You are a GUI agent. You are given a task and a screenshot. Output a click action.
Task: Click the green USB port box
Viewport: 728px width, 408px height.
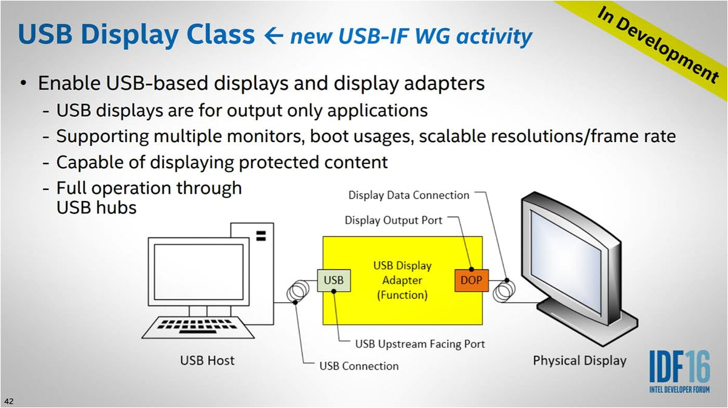pos(333,280)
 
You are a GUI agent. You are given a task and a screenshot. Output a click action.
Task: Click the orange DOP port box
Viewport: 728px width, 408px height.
pos(471,280)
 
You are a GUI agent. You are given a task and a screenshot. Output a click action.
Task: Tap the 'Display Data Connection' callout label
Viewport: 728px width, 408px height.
pos(408,195)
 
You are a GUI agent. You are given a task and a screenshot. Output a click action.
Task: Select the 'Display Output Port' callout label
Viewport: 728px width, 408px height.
pos(393,220)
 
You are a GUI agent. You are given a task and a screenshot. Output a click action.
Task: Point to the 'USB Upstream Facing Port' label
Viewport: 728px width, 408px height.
pos(420,344)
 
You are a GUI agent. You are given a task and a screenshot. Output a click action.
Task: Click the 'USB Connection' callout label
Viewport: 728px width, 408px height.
pos(359,365)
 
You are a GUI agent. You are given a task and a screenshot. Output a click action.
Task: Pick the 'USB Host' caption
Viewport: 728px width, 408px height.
pos(207,361)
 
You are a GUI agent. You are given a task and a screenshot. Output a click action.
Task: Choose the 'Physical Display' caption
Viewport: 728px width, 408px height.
pos(579,361)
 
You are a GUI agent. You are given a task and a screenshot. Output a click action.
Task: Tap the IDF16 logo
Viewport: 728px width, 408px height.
pos(679,370)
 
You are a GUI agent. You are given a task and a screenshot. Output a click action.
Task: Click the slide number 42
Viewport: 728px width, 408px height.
pos(9,401)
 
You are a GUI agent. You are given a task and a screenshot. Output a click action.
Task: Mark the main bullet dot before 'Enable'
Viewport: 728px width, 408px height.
pos(23,84)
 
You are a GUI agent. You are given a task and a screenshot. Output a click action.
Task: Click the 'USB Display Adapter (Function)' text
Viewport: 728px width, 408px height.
pos(402,280)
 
